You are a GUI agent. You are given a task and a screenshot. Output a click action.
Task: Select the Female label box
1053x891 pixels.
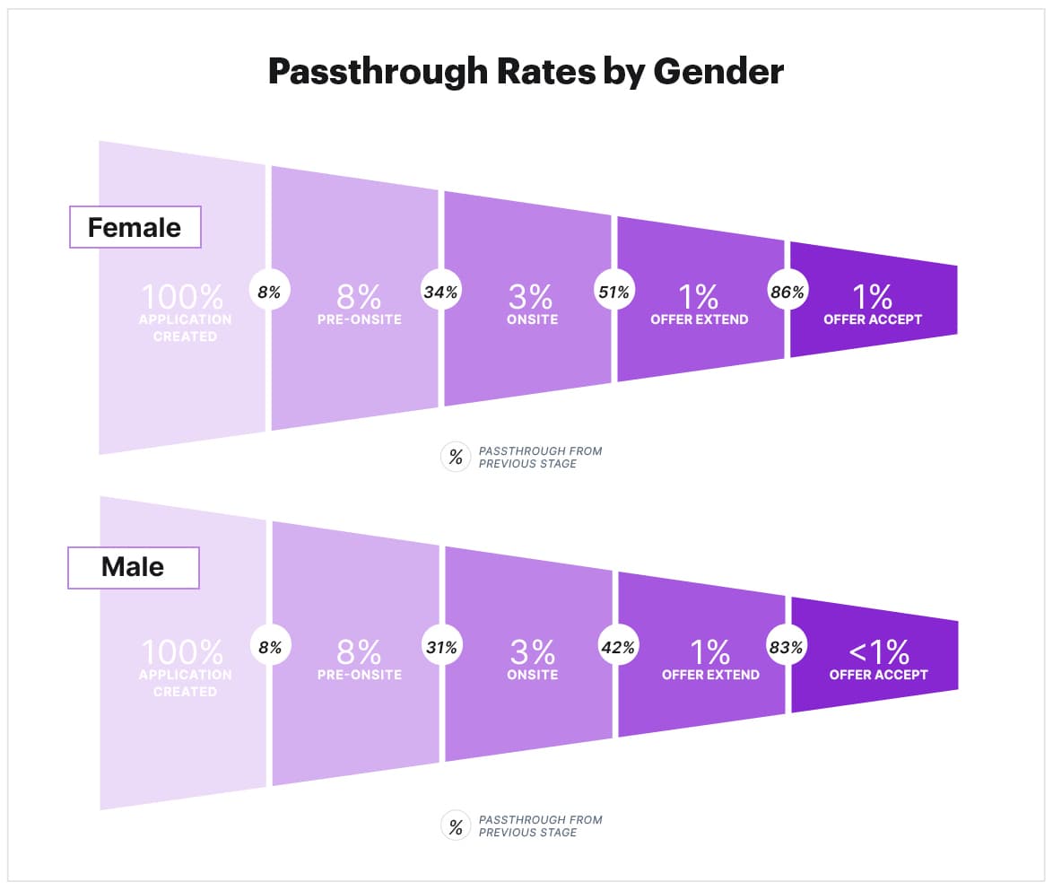tap(135, 228)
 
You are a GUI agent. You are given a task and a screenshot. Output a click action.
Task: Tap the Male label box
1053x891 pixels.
tap(133, 567)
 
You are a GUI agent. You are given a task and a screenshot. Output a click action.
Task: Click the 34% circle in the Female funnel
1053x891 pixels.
tap(440, 292)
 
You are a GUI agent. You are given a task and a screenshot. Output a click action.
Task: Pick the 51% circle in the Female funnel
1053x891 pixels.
tap(614, 292)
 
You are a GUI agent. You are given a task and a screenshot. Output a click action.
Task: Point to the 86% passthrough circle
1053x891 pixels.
tap(787, 292)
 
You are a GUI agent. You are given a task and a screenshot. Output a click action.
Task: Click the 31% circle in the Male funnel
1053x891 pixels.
tap(441, 647)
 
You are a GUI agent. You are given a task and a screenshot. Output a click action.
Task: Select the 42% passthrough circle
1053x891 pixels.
tap(617, 647)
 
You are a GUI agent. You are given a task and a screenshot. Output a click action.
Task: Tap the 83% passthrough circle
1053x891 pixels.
tap(787, 647)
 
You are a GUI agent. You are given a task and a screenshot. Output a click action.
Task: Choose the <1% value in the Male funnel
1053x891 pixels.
tap(878, 650)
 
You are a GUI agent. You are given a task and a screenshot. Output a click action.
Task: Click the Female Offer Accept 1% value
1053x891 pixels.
tap(872, 295)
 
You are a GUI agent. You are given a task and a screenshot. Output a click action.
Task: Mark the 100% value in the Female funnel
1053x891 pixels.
tap(184, 295)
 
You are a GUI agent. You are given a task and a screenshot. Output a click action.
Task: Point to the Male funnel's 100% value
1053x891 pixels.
tap(184, 650)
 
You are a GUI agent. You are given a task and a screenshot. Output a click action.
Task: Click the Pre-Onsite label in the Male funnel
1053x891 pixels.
tap(359, 675)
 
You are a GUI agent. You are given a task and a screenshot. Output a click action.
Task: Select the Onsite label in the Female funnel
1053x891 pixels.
tap(532, 319)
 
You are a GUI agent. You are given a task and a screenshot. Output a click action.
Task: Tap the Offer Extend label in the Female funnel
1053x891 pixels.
tap(699, 319)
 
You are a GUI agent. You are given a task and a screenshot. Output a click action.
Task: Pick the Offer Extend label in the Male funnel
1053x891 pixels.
tap(710, 675)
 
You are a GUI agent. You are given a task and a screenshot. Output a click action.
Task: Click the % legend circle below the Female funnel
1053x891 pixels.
tap(456, 457)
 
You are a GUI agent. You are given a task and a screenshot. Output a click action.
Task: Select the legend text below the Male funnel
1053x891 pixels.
tap(540, 825)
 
